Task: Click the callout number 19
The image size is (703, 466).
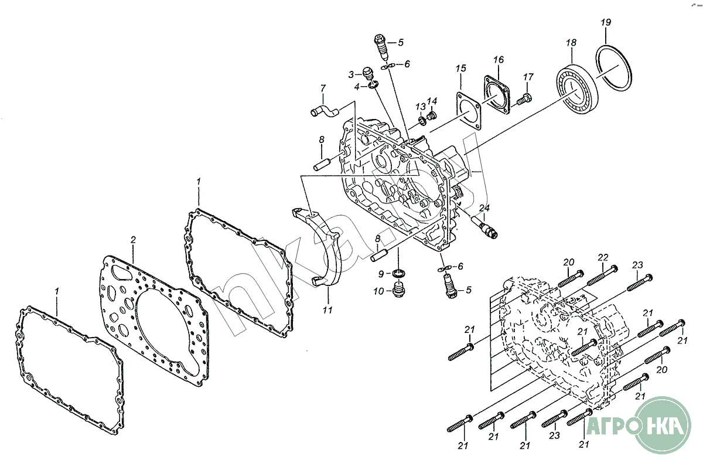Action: pyautogui.click(x=606, y=23)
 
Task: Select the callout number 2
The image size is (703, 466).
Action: pyautogui.click(x=133, y=240)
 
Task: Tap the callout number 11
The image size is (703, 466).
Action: pyautogui.click(x=327, y=310)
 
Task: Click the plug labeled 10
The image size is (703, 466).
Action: pyautogui.click(x=398, y=288)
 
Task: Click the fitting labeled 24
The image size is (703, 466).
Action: pyautogui.click(x=484, y=227)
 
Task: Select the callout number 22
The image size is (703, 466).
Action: pyautogui.click(x=603, y=257)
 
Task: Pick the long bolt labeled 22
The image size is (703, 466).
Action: pyautogui.click(x=602, y=275)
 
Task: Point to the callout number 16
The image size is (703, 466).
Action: pyautogui.click(x=499, y=59)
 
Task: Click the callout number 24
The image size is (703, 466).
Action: pyautogui.click(x=484, y=208)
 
